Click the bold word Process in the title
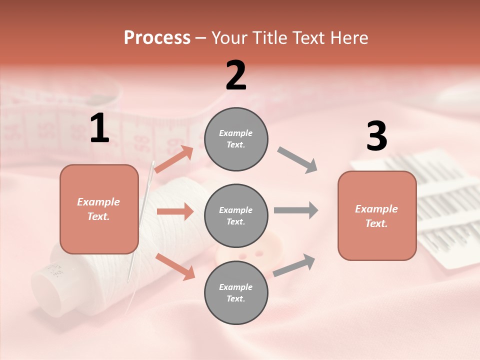click(157, 38)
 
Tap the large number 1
click(99, 128)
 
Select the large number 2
click(236, 75)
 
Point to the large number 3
click(376, 136)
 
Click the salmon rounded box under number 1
click(99, 209)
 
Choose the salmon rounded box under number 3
click(377, 215)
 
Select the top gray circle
click(236, 139)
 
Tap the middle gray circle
click(236, 215)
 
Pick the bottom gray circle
click(236, 292)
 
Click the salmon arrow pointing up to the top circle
click(174, 159)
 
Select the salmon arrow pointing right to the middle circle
click(175, 212)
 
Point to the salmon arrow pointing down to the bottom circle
click(175, 266)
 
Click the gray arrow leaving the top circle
click(297, 160)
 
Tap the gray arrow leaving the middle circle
click(296, 210)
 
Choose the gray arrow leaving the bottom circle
click(294, 265)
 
